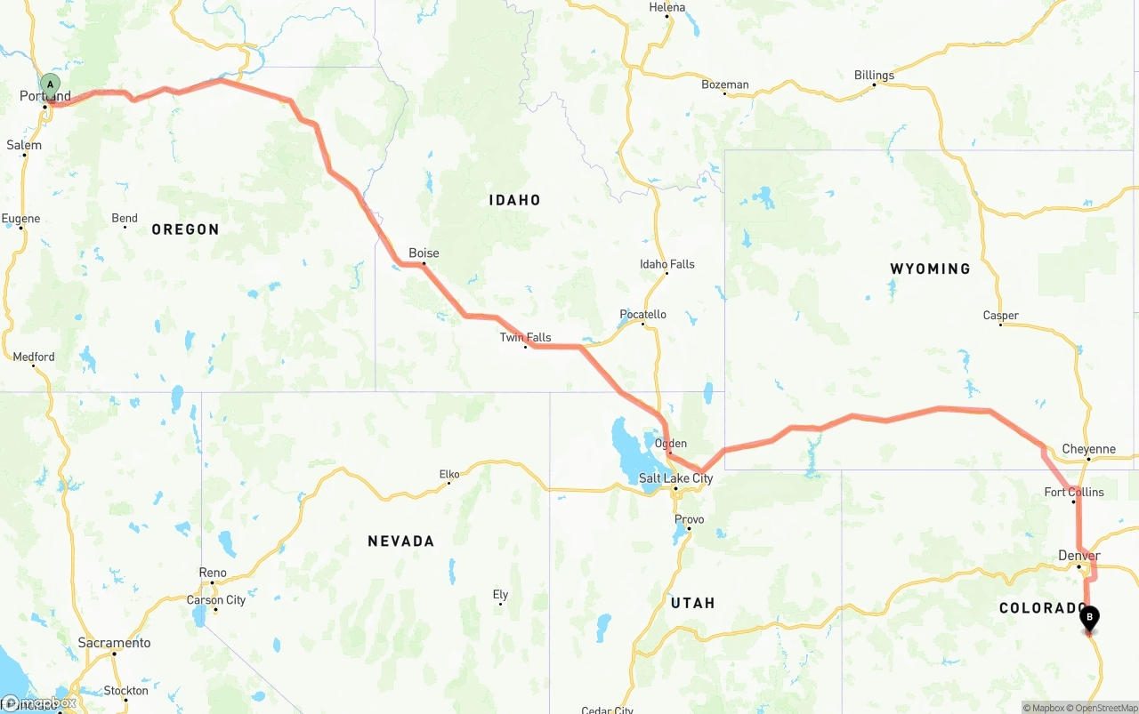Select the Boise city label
[424, 253]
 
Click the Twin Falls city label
[525, 337]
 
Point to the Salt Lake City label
[675, 478]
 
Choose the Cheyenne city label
[1088, 449]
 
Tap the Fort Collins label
[1074, 492]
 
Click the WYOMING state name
[930, 269]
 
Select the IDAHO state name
[514, 200]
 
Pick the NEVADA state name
[400, 541]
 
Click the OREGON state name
[185, 229]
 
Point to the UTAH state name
[692, 603]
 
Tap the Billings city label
[874, 76]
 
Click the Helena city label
[667, 7]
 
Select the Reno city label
[213, 573]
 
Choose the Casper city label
[1000, 316]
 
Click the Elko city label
[449, 474]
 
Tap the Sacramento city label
[114, 643]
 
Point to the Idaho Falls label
[666, 264]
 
